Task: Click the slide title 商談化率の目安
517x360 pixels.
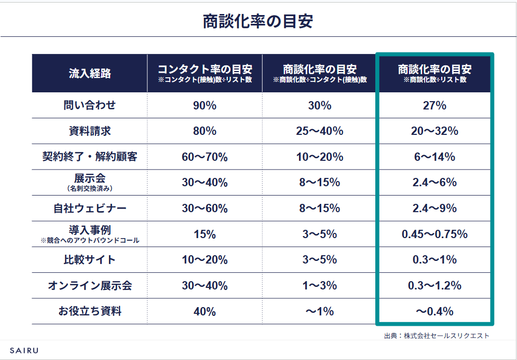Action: [258, 22]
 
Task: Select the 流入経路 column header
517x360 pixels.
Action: [90, 73]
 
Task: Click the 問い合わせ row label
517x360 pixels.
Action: [90, 105]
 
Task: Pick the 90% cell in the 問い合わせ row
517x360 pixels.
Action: [205, 105]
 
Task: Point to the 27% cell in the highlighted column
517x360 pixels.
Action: [434, 105]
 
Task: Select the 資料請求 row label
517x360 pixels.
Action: [90, 131]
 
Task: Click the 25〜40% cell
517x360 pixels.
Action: [319, 131]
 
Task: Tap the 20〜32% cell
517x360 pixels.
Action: [434, 131]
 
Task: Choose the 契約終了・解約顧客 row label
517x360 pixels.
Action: [90, 157]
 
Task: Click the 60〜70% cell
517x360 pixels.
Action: [205, 157]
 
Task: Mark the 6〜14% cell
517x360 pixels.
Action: [434, 157]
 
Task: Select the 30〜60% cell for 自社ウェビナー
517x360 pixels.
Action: [205, 209]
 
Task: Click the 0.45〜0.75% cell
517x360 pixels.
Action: [434, 234]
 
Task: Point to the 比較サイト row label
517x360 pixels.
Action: [90, 260]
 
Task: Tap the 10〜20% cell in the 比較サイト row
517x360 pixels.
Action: [205, 260]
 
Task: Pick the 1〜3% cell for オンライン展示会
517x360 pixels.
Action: [319, 286]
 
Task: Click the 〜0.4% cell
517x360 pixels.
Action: [434, 312]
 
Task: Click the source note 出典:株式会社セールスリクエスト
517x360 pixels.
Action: [437, 336]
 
